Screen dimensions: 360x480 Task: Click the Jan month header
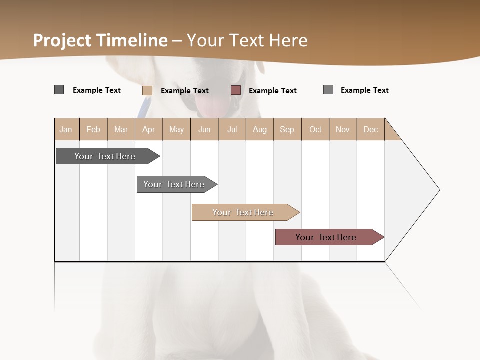[66, 129]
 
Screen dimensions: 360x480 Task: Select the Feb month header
[93, 129]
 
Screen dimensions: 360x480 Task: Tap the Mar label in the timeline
[121, 129]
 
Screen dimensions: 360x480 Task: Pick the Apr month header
[148, 129]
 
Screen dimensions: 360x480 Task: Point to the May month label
[176, 129]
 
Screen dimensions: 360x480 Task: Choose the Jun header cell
[204, 129]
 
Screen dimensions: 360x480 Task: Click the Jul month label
[232, 129]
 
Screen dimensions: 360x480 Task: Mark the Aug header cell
[260, 129]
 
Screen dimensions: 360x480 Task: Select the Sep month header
[287, 129]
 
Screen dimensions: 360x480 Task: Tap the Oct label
[315, 129]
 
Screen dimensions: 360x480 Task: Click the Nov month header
[343, 129]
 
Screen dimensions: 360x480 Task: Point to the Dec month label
[370, 129]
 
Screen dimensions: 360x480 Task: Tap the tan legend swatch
[147, 90]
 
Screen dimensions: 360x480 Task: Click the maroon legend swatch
[236, 90]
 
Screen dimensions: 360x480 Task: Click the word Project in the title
[62, 40]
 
